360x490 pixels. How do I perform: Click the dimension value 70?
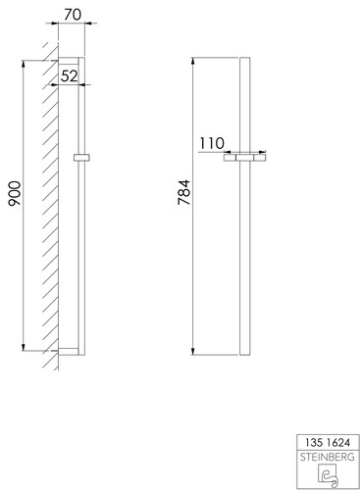[73, 14]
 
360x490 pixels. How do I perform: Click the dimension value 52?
[70, 76]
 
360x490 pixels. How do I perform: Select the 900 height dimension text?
[15, 193]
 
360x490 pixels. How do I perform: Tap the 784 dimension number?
[184, 192]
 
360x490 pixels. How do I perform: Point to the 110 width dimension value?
[212, 143]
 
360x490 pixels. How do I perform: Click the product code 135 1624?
[328, 443]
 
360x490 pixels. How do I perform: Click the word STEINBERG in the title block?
[328, 457]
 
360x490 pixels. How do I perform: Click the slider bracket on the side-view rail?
[81, 158]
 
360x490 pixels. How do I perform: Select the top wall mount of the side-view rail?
[69, 61]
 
